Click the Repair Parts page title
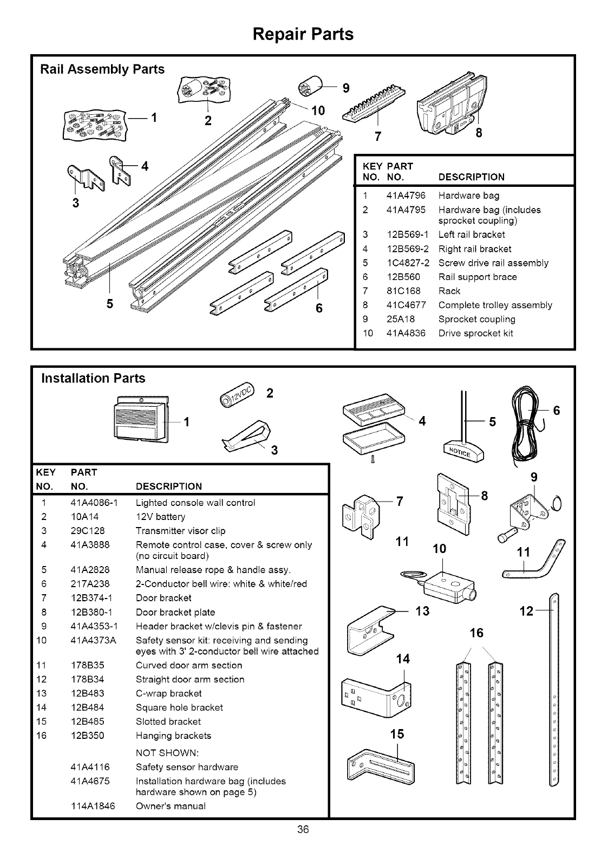(x=303, y=34)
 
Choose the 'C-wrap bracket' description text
(x=168, y=693)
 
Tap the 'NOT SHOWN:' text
(x=167, y=753)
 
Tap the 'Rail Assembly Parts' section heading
(x=103, y=69)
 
